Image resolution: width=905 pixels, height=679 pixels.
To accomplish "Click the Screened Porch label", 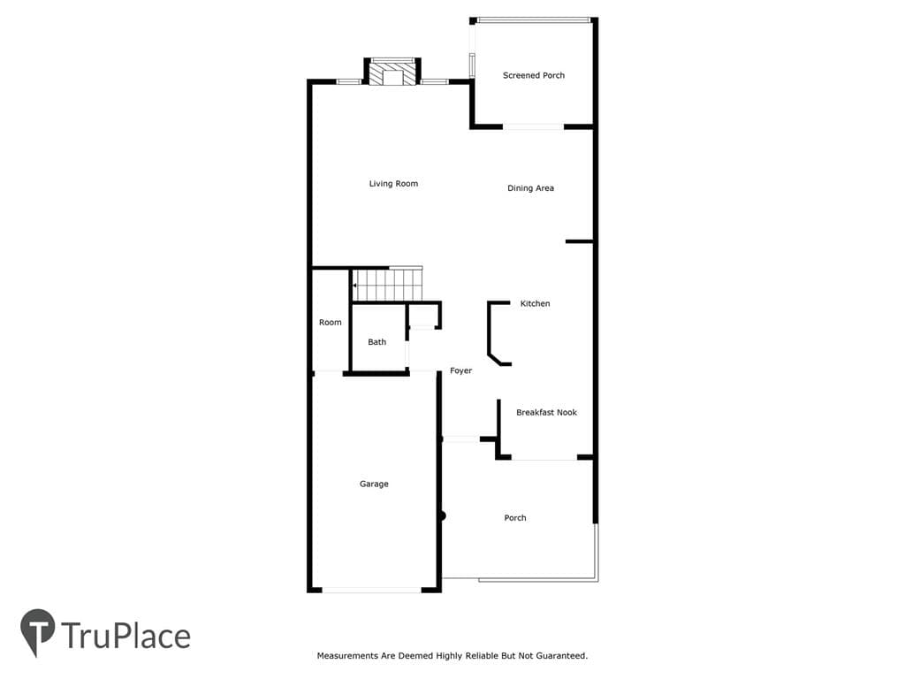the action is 533,75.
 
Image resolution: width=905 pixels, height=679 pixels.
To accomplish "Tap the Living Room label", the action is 393,184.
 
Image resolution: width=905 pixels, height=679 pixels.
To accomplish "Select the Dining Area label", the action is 530,188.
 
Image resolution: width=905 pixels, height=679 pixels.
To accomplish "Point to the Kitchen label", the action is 535,304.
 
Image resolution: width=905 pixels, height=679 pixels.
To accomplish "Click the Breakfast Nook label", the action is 546,412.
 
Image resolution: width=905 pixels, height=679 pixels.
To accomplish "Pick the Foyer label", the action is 460,370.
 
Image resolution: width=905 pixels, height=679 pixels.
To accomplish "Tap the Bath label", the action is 376,342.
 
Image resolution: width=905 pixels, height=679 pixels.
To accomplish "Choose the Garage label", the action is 374,484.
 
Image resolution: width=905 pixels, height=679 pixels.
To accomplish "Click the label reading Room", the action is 331,322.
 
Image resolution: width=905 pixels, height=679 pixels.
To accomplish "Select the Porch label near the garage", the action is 515,518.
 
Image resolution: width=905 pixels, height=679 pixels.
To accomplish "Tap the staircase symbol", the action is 388,284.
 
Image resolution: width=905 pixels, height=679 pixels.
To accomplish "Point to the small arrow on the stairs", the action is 355,286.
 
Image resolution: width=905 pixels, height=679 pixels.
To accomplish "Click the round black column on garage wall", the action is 442,515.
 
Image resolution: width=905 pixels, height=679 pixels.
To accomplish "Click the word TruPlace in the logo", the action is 125,636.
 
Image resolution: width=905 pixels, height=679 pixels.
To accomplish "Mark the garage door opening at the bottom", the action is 372,590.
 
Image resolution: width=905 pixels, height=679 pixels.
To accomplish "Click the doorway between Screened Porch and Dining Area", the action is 533,126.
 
